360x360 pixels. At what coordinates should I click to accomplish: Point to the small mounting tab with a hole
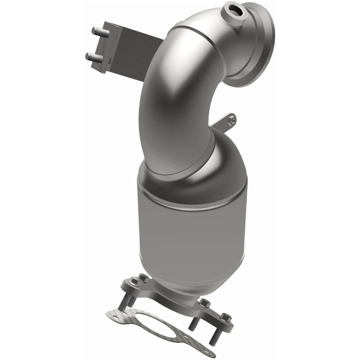coord(230,120)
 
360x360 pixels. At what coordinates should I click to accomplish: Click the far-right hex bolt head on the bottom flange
coord(227,318)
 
